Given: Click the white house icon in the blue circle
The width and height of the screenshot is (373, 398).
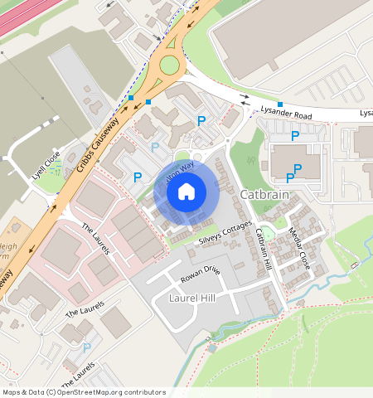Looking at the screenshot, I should (186, 192).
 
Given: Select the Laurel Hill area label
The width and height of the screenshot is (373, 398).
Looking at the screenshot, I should (192, 298).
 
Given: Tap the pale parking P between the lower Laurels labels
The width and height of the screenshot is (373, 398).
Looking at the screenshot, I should (87, 347).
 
